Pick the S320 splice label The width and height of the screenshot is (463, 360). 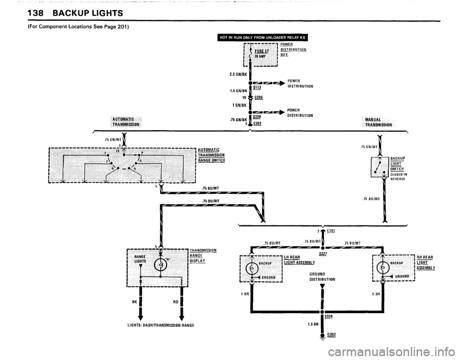257,117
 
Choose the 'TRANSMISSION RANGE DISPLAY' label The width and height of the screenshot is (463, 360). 203,255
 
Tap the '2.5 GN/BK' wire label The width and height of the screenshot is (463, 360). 238,74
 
